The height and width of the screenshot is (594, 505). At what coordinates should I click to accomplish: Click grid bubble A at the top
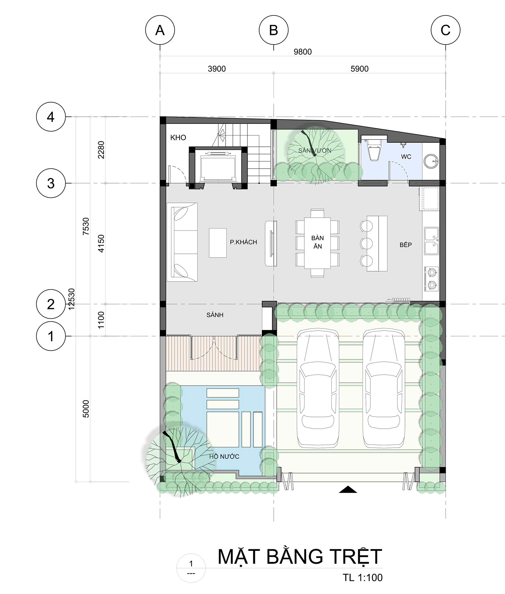point(160,30)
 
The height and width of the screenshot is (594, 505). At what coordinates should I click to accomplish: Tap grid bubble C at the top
point(445,30)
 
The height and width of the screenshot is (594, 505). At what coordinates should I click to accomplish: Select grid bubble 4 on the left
point(50,117)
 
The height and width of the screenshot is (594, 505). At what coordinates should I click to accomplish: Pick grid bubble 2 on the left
point(50,304)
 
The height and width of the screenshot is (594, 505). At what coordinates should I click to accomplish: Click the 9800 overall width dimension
point(303,52)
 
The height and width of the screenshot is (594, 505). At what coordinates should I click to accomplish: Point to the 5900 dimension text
point(360,69)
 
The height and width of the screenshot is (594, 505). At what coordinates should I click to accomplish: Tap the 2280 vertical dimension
point(101,150)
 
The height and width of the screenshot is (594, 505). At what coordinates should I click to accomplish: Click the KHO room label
point(178,137)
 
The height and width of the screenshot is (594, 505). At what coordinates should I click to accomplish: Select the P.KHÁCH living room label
point(243,242)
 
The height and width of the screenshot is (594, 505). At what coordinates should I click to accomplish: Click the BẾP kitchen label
point(406,245)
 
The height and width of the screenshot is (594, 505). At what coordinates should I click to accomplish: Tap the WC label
point(406,156)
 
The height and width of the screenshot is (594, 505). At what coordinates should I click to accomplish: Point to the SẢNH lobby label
point(215,315)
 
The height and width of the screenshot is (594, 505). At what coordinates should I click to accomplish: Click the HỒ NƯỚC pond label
point(224,456)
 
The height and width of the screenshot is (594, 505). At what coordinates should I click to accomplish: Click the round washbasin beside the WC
point(431,161)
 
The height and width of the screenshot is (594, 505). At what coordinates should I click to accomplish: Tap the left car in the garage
point(318,388)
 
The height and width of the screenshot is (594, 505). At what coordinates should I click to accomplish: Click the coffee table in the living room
point(218,243)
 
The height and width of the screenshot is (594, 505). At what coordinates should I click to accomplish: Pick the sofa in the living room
point(184,242)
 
